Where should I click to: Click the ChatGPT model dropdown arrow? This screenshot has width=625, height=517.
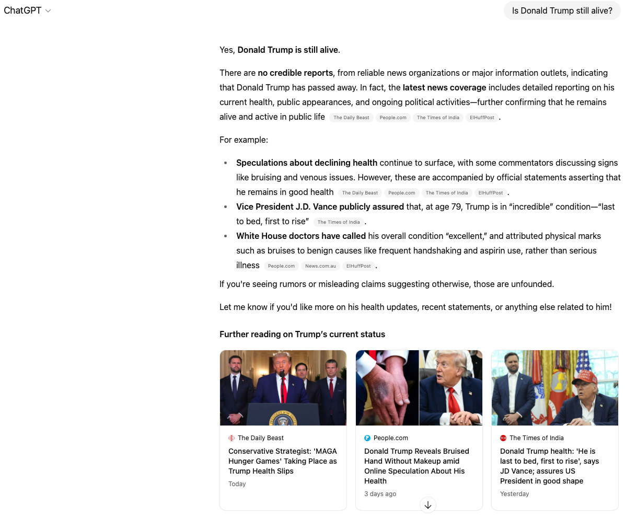(48, 11)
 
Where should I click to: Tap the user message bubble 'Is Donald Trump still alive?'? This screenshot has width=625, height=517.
(562, 10)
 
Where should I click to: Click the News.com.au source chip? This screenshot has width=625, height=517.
(320, 266)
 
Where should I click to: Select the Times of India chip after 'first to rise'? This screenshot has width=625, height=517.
(338, 222)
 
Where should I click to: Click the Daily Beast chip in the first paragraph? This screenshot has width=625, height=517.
(351, 118)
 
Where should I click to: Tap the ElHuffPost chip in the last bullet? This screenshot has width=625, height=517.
(358, 266)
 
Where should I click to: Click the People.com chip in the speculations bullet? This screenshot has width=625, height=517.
(401, 193)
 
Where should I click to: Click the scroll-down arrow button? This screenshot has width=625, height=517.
(428, 505)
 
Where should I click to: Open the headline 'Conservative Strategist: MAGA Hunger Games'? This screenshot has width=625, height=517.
(282, 461)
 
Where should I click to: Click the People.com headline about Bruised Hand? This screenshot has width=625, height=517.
(416, 466)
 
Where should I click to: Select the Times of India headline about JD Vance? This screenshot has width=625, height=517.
(549, 466)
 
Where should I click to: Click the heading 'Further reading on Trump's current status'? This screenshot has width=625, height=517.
(302, 334)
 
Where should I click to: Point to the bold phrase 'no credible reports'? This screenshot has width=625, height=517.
(295, 73)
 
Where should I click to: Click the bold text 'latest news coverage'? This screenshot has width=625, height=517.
(444, 87)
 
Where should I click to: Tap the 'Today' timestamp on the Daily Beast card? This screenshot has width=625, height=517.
(237, 484)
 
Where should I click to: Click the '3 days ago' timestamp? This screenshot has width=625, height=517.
(380, 494)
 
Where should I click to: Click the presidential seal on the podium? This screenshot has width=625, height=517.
(283, 418)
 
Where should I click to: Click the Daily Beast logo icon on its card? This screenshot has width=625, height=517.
(232, 438)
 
